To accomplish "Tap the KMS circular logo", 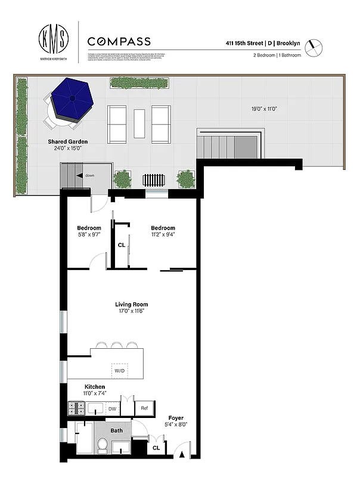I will [54, 40].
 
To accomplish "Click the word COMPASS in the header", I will [119, 42].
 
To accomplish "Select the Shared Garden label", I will [64, 141].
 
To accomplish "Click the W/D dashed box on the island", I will [120, 371].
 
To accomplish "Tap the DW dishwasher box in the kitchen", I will [112, 408].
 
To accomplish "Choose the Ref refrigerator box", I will [144, 408].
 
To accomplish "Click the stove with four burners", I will [77, 408].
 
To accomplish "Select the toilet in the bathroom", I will [102, 445].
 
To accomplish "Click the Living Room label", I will [131, 305].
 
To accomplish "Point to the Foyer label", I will [176, 418].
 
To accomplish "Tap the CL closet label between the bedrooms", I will [121, 244].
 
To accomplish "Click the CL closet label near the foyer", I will [156, 447].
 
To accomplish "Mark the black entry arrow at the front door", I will [182, 456].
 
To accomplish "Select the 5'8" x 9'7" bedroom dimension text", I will [89, 234].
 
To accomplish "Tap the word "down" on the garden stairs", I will [89, 176].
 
